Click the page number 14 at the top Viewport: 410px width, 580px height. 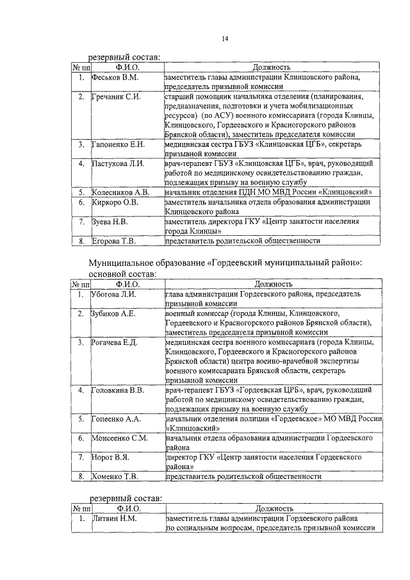click(x=225, y=40)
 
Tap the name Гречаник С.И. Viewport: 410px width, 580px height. click(x=117, y=97)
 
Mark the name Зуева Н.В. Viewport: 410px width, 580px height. click(x=110, y=222)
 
